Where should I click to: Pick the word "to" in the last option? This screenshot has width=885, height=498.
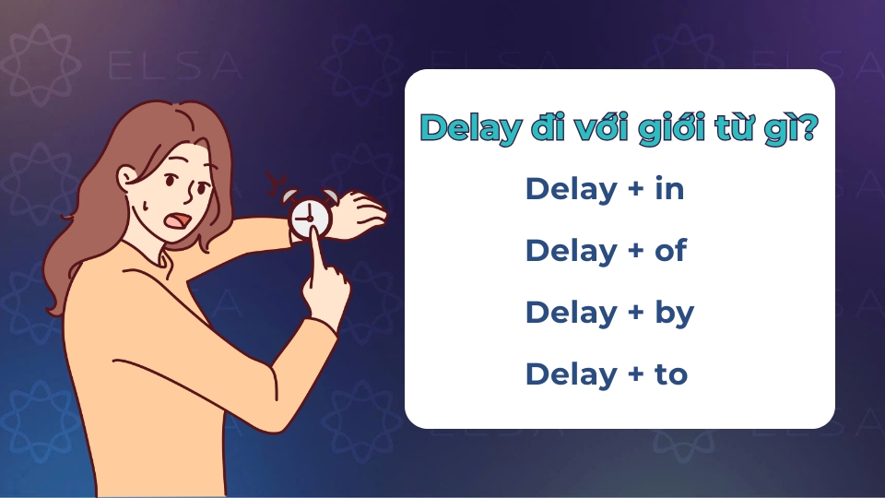(671, 374)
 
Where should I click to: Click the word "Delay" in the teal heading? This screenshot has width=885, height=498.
(468, 129)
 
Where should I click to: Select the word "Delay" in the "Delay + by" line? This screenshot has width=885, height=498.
(571, 314)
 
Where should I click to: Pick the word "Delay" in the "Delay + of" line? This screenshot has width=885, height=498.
(571, 251)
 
